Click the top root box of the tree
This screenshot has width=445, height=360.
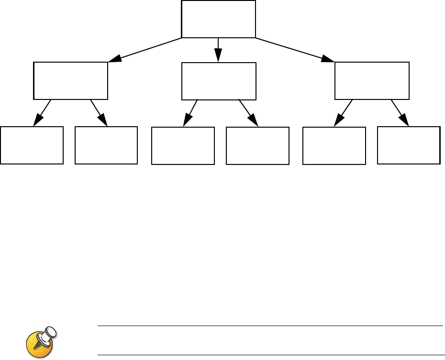pyautogui.click(x=219, y=19)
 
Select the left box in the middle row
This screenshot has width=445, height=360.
pyautogui.click(x=70, y=80)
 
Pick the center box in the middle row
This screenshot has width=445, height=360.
pyautogui.click(x=219, y=81)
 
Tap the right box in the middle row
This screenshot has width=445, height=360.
pyautogui.click(x=372, y=80)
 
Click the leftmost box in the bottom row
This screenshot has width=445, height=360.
pyautogui.click(x=32, y=145)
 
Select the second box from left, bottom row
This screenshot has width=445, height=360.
pyautogui.click(x=106, y=145)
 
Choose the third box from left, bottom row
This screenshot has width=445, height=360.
pyautogui.click(x=183, y=146)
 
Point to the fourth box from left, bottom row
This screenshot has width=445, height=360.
pyautogui.click(x=257, y=146)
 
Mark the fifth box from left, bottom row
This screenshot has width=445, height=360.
pyautogui.click(x=334, y=146)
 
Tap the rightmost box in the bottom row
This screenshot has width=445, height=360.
pyautogui.click(x=409, y=145)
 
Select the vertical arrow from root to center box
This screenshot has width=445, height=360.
pyautogui.click(x=219, y=49)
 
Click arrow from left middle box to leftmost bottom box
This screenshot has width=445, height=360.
pyautogui.click(x=42, y=113)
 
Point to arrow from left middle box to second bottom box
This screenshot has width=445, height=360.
pyautogui.click(x=99, y=113)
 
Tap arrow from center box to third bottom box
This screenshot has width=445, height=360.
pyautogui.click(x=191, y=113)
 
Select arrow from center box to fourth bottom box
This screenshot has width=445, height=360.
pyautogui.click(x=248, y=112)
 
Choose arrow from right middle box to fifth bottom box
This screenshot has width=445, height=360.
pyautogui.click(x=343, y=112)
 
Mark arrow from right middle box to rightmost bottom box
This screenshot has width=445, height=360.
pyautogui.click(x=400, y=112)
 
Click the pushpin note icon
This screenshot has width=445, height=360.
pyautogui.click(x=41, y=341)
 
